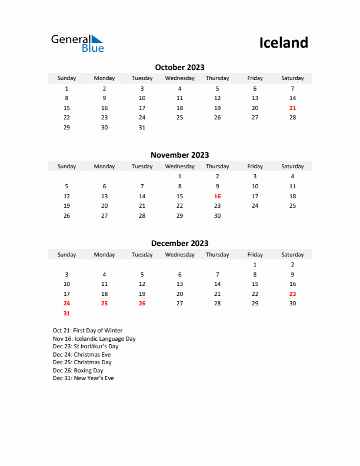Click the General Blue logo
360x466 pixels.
point(77,43)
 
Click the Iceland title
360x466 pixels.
point(284,42)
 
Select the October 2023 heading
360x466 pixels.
point(179,67)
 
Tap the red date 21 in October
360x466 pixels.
point(292,108)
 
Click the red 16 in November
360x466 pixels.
point(217,197)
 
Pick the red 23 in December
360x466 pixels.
point(292,294)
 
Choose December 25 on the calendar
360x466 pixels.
point(104,304)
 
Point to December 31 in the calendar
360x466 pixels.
point(66,314)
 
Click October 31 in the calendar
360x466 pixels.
point(142,128)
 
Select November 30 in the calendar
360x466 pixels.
point(217,216)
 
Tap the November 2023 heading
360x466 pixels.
point(179,155)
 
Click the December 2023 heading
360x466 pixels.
point(179,243)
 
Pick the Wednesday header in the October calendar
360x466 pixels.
point(179,78)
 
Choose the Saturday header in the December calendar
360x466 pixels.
point(292,255)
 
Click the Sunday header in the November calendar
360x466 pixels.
point(66,167)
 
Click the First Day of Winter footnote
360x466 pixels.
point(88,331)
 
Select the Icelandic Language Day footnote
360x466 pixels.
point(94,339)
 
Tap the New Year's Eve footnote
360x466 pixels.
point(84,378)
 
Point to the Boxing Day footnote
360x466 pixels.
point(78,371)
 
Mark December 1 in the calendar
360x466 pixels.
point(255,265)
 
